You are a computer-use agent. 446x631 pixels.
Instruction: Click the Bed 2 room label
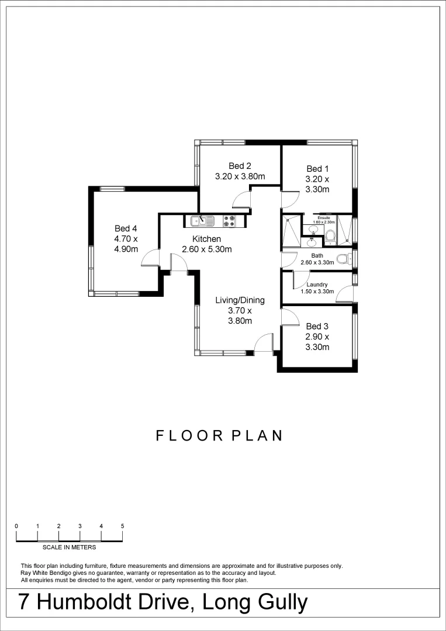240,167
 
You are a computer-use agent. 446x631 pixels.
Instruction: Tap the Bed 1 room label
317,168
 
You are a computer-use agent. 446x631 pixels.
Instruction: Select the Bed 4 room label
126,228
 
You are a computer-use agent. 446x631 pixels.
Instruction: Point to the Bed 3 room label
317,326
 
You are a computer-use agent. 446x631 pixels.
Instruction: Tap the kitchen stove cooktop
229,221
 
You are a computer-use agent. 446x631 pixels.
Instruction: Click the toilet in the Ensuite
330,235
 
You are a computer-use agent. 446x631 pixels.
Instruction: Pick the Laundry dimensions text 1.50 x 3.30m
317,292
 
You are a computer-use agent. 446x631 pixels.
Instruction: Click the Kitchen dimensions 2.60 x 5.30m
207,249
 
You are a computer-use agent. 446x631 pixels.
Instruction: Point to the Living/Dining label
240,300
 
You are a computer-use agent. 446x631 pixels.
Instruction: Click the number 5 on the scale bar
122,526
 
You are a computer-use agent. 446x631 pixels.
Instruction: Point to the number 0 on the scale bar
16,526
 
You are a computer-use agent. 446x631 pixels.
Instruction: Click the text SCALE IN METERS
70,547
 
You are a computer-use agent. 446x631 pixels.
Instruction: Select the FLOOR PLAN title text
219,436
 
